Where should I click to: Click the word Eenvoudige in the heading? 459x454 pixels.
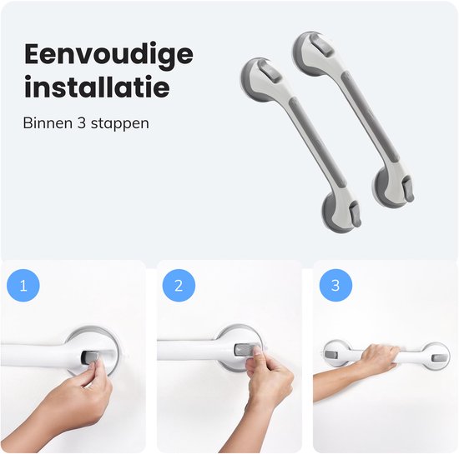point(108,54)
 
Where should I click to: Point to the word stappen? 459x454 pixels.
point(120,122)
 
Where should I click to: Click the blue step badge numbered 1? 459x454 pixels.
point(23,287)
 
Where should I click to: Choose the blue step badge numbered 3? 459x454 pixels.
point(335,287)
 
